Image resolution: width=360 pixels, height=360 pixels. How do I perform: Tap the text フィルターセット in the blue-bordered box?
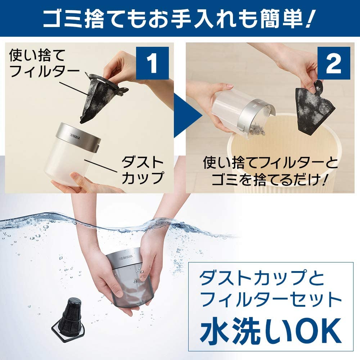tap(270, 300)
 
